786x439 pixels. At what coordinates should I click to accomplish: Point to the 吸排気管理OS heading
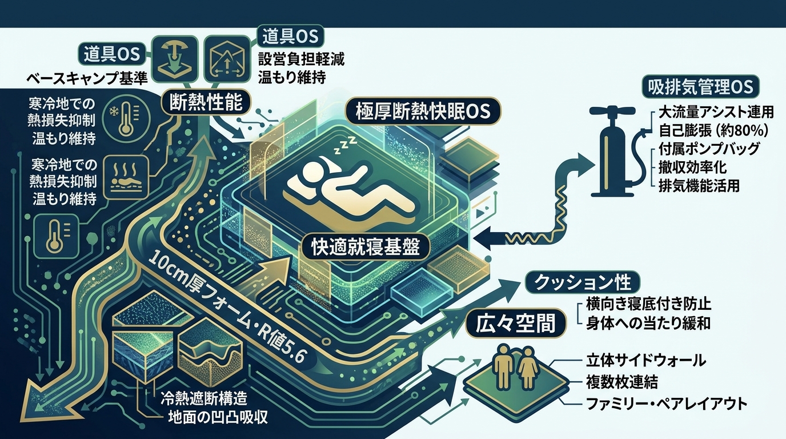point(701,87)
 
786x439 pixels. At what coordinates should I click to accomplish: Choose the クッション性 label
point(583,283)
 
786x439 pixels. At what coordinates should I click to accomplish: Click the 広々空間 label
point(515,323)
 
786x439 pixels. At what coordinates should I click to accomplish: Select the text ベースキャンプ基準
point(87,78)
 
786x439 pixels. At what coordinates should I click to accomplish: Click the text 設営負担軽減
point(302,59)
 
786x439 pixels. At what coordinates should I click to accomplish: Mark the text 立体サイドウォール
point(646,361)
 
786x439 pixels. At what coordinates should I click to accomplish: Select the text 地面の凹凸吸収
point(218,417)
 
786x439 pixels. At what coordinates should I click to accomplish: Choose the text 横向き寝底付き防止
point(648,304)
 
